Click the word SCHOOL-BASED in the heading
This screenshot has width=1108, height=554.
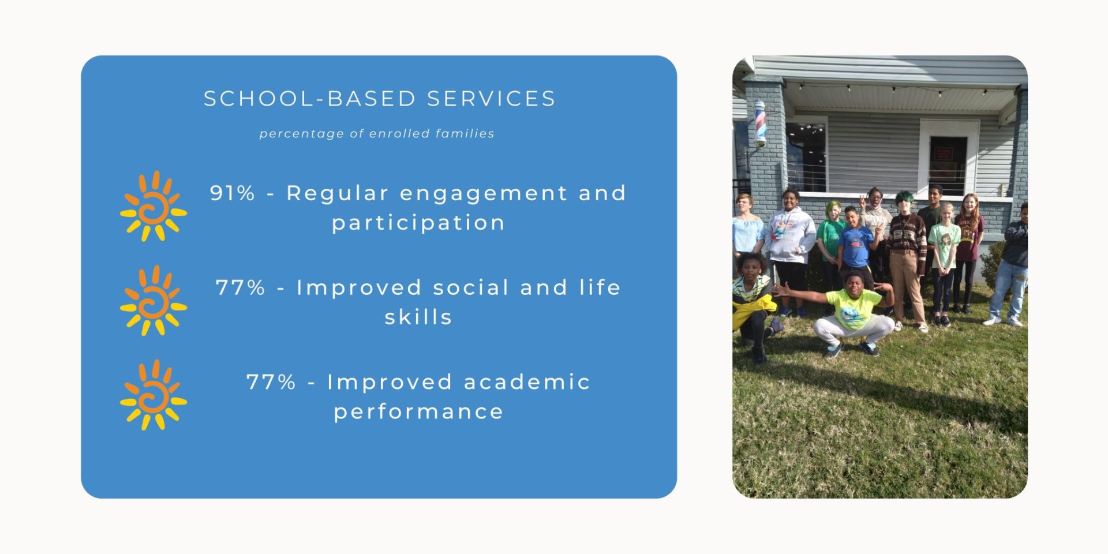point(309,99)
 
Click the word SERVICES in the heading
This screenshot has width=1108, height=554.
point(491,99)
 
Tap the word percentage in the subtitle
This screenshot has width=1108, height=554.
point(301,134)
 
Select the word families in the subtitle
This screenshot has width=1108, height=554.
point(465,133)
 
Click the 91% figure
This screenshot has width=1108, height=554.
point(232,193)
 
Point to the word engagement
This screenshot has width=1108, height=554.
point(484,194)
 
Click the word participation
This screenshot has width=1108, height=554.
point(418,223)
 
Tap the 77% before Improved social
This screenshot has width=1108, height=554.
point(241,287)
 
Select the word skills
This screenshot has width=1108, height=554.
point(418,317)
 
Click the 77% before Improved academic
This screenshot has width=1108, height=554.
point(271,382)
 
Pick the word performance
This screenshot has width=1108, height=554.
point(418,412)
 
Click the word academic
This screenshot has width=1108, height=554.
point(527,382)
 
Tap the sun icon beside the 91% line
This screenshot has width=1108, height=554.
point(154,206)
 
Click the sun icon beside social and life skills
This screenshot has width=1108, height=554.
point(154,301)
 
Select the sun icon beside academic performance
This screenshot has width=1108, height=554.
point(154,395)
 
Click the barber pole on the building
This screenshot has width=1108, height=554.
point(760,123)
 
